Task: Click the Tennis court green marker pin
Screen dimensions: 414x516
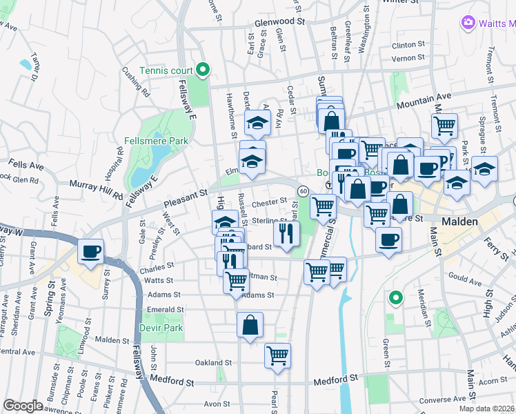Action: (203, 70)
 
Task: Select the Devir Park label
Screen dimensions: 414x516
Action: (161, 328)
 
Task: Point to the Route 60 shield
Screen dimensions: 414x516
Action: (303, 190)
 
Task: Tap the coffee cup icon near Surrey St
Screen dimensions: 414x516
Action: (91, 252)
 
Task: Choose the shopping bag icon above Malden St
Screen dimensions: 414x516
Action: (250, 325)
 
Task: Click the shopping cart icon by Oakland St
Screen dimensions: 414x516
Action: (277, 356)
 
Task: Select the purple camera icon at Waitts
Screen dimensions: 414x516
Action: (468, 23)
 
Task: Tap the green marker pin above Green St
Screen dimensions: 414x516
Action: (395, 298)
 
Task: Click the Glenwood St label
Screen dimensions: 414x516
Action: (279, 22)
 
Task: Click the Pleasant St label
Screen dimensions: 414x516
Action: (186, 199)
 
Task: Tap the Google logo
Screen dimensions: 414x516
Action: (23, 406)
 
